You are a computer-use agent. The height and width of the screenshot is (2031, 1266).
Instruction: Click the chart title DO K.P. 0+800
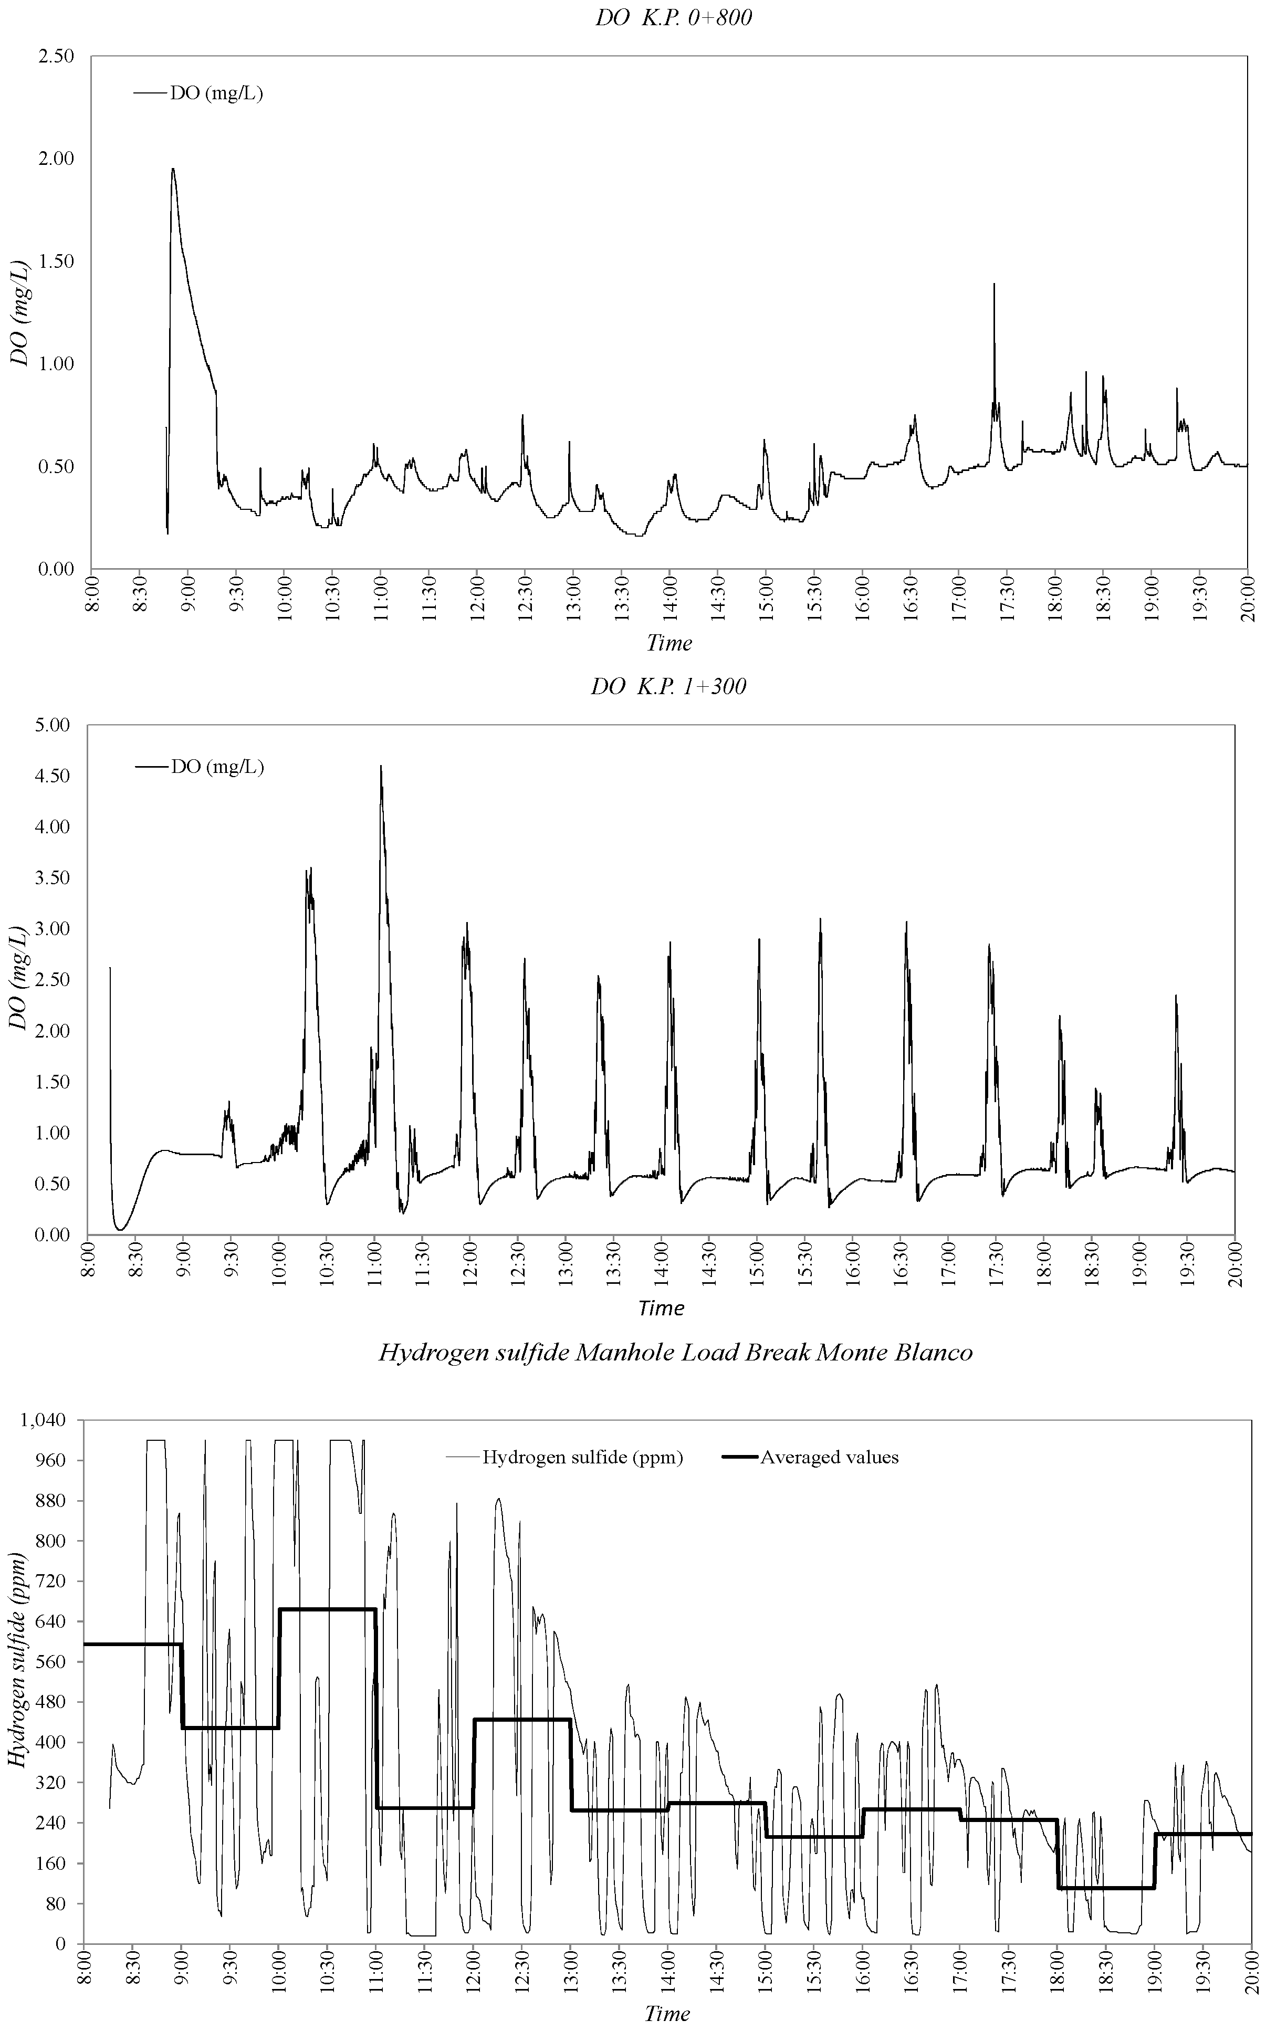click(674, 17)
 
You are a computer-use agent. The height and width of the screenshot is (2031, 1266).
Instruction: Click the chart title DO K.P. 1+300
click(668, 687)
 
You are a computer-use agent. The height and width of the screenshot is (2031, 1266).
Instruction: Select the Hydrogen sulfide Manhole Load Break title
click(675, 1352)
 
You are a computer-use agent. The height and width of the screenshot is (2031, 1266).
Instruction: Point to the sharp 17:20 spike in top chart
click(994, 285)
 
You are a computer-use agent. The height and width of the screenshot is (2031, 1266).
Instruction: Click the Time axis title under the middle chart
click(661, 1307)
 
